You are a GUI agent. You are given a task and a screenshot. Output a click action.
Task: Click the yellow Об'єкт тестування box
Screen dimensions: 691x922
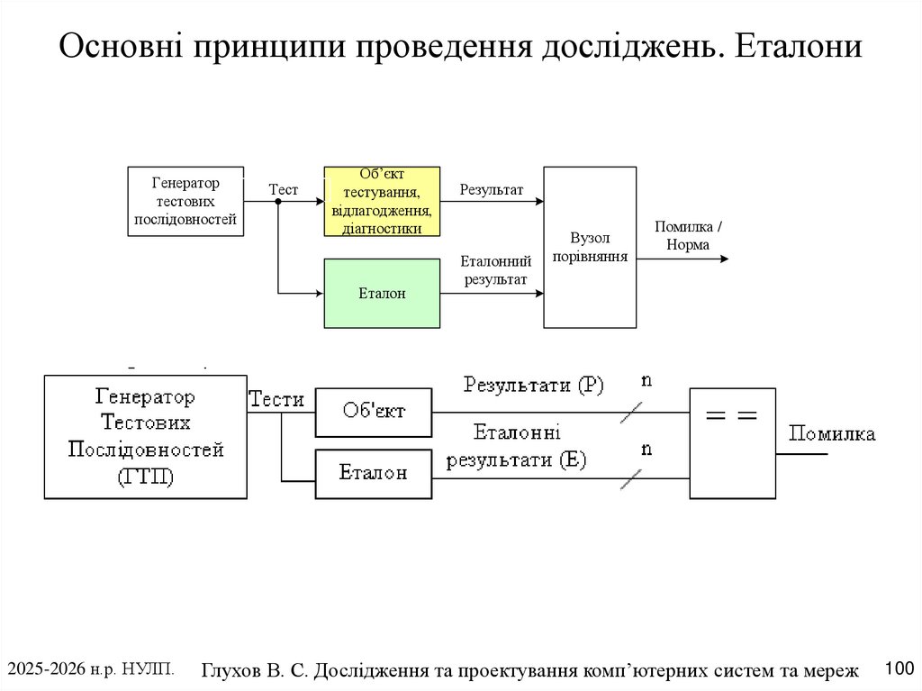382,201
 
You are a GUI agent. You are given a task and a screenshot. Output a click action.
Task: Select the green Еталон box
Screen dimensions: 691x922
382,293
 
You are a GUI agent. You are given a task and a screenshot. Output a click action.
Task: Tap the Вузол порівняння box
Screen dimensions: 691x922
590,247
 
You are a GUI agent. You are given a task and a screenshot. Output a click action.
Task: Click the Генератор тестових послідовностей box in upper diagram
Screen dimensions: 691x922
185,201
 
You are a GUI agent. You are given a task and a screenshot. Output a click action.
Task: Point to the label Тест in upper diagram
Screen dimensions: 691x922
283,189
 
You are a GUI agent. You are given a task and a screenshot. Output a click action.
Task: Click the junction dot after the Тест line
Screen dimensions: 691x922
278,201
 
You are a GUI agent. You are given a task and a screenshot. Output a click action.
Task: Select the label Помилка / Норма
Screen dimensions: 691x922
688,236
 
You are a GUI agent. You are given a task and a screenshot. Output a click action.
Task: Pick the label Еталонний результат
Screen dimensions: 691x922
495,270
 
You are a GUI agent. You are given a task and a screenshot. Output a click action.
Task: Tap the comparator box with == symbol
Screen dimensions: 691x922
732,442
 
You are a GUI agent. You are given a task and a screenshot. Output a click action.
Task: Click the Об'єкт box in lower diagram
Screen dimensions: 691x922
373,412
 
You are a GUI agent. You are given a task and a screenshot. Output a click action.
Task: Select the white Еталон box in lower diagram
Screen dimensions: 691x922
373,473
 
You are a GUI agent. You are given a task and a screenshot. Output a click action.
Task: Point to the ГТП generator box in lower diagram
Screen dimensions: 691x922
145,436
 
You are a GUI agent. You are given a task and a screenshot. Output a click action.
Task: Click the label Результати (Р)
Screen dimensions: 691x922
533,385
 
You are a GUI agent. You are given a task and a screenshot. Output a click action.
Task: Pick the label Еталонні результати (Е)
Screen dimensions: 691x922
516,446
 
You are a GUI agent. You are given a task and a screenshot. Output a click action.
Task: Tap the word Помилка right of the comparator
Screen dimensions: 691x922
832,434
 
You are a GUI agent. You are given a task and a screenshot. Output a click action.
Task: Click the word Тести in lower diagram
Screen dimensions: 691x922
276,399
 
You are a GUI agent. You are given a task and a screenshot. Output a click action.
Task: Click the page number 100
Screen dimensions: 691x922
899,668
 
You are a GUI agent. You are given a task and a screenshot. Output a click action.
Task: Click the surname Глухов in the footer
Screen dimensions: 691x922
231,670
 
